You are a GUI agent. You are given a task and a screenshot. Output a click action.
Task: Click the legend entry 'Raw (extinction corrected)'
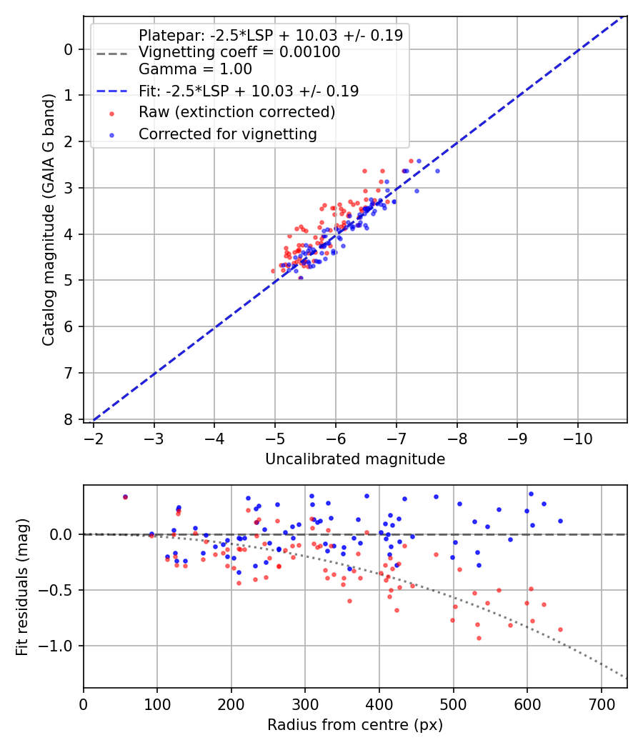point(236,112)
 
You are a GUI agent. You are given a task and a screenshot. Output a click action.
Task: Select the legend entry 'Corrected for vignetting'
point(227,134)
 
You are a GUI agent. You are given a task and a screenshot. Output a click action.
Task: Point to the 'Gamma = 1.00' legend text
point(195,69)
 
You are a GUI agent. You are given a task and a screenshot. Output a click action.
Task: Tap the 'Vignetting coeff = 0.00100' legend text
point(239,52)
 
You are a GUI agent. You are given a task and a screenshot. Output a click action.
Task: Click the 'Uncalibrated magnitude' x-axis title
point(355,459)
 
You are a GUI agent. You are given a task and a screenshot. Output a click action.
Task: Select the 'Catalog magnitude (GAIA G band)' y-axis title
point(49,234)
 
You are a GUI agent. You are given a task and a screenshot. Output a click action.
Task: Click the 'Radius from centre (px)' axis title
point(355,725)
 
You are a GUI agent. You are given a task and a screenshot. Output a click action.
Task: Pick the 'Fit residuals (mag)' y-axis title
point(22,586)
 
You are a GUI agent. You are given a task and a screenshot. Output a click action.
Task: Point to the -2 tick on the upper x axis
point(94,438)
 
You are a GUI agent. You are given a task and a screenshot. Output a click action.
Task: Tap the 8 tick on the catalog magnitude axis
point(69,419)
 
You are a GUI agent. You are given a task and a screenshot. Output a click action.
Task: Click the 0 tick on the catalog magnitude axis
point(69,49)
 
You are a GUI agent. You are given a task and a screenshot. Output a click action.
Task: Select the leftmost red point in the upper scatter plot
point(273,271)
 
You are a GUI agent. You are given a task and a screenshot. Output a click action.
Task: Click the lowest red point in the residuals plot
point(479,638)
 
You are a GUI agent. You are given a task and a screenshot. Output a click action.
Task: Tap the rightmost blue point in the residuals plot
point(560,521)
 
